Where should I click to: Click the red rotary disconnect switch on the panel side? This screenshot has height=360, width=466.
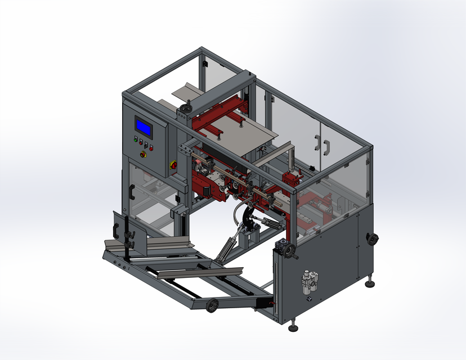(173, 165)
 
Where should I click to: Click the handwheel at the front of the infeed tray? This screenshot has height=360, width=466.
(212, 305)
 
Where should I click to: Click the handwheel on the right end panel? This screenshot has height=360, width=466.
(371, 239)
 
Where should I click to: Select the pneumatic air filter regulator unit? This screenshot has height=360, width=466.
(308, 281)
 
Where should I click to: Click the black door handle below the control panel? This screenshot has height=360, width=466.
(131, 191)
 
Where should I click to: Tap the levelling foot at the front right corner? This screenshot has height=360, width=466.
(293, 327)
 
